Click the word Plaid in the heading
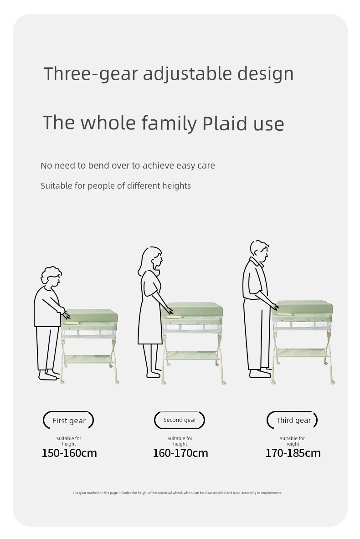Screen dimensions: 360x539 tap(225, 123)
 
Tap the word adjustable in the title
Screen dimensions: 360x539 tap(187, 74)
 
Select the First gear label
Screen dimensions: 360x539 tap(69, 421)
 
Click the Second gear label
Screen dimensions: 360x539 tap(180, 420)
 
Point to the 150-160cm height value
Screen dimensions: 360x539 tap(69, 453)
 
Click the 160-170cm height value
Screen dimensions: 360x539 tap(180, 453)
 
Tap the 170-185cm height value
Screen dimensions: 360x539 tap(293, 453)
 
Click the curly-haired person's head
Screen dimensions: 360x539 tap(51, 277)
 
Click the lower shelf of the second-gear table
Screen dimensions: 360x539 tap(192, 355)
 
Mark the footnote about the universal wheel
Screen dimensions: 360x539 tap(177, 493)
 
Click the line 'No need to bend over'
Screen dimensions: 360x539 tap(128, 165)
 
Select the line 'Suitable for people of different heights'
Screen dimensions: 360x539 tap(116, 185)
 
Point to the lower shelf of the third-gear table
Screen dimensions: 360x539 tap(302, 353)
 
